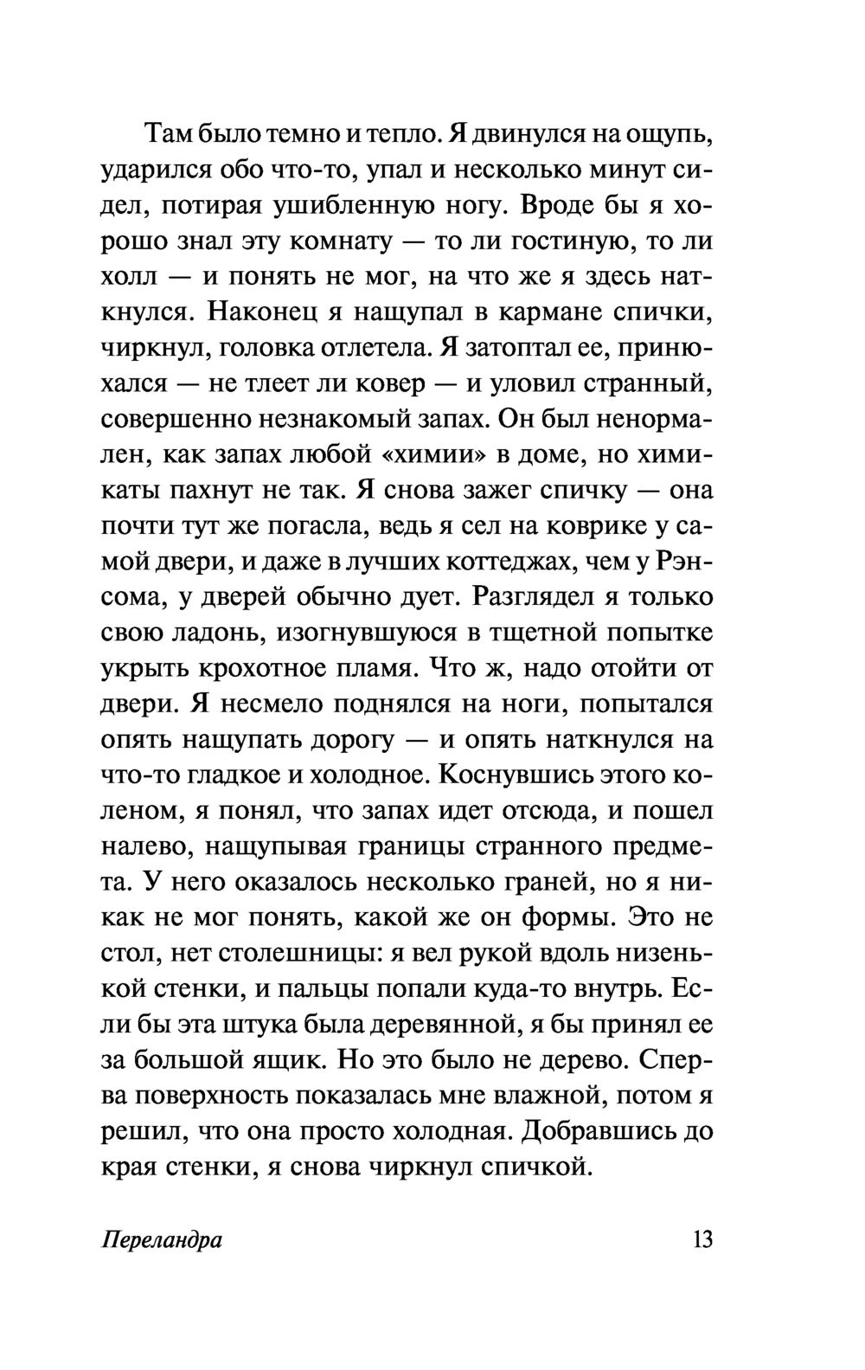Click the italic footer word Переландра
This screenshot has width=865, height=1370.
pyautogui.click(x=162, y=1240)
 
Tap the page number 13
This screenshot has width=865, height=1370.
pyautogui.click(x=702, y=1239)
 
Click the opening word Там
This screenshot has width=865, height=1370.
pyautogui.click(x=169, y=134)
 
